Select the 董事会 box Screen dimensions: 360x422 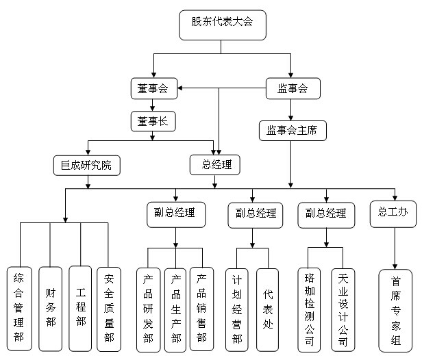coord(153,88)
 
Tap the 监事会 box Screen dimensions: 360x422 coord(292,88)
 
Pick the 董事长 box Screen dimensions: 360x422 coord(153,122)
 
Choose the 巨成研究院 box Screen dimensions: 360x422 coord(86,164)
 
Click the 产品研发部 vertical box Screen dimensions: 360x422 coord(148,309)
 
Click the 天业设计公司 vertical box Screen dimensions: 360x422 coord(343,309)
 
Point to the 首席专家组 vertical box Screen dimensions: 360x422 coord(396,309)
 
